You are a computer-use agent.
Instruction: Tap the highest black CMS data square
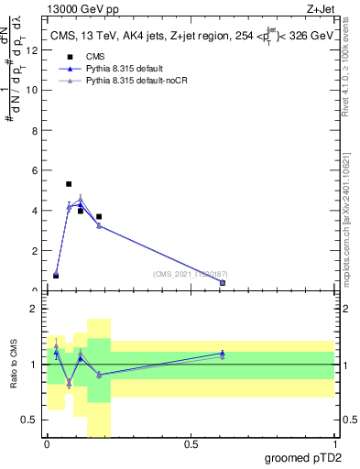tap(69, 184)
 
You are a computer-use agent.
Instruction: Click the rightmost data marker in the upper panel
tap(223, 283)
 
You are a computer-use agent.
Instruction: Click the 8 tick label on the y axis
tap(35, 130)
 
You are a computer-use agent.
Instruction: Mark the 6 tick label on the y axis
tap(35, 170)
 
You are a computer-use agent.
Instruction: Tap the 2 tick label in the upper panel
tap(35, 251)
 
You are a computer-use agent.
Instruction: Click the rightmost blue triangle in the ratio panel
tap(223, 353)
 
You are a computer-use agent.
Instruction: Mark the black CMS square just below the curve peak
tap(81, 212)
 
